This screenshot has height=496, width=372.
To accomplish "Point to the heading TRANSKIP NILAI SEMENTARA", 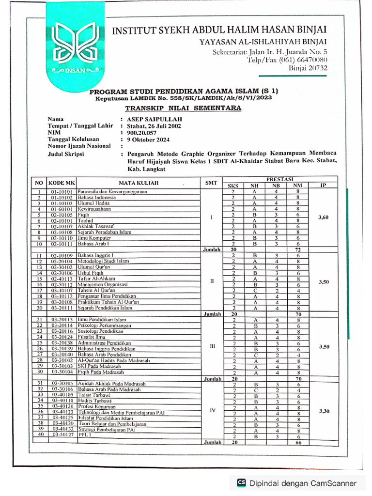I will [x=183, y=108].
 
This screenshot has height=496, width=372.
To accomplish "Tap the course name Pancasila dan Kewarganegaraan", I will [x=112, y=192].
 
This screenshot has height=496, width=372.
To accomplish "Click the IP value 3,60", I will [x=323, y=217].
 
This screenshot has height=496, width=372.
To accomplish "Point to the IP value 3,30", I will [x=323, y=411].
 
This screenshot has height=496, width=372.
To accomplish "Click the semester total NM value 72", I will [x=298, y=249].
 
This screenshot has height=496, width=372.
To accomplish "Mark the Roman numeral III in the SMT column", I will [x=211, y=347].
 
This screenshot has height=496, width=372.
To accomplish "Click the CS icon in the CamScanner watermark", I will [x=241, y=483].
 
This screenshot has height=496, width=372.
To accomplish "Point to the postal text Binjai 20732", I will [x=308, y=68].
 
